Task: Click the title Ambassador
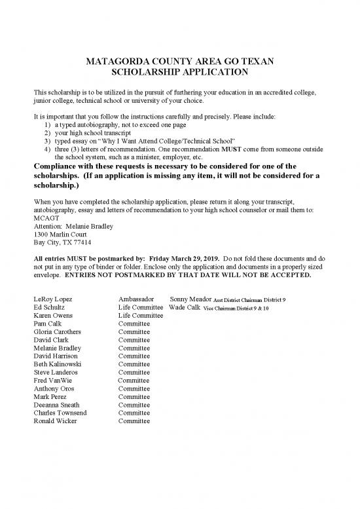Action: [x=135, y=299]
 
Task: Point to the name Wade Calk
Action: [x=184, y=307]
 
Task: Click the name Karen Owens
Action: [x=53, y=316]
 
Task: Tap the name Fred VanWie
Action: [x=54, y=381]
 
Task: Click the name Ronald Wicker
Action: [x=56, y=421]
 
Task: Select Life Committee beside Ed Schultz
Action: [x=140, y=307]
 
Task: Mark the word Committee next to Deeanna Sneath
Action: [x=134, y=405]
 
